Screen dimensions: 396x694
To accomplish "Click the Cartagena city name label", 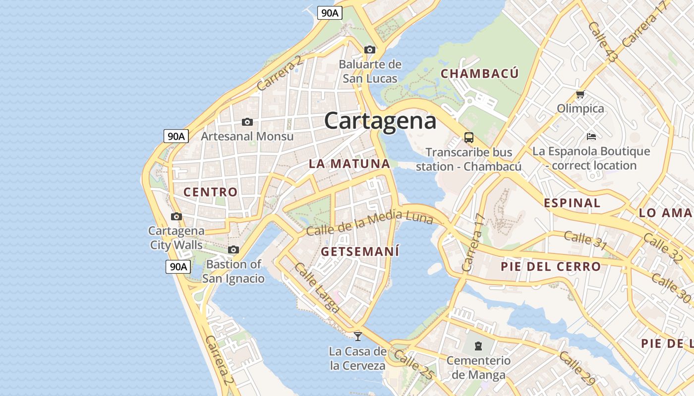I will point(380,121).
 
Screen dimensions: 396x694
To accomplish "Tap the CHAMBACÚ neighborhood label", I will point(480,74).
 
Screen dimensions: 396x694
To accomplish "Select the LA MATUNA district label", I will point(349,163).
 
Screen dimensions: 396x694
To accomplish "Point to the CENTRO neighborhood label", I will point(211,192).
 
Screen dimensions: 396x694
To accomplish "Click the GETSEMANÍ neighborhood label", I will point(360,251).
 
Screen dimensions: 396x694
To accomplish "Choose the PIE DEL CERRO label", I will point(551,266).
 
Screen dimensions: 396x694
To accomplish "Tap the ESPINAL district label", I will point(572,202).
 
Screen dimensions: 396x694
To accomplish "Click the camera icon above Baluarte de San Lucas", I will point(370,49).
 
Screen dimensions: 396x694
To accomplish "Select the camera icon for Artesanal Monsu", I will point(247,122).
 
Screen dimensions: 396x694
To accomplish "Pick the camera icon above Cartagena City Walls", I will point(176,216).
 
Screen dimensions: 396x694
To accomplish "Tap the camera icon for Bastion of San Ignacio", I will point(233,250).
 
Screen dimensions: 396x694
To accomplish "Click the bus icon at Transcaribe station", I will point(468,137).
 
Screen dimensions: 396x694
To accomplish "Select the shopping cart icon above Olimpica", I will point(580,94).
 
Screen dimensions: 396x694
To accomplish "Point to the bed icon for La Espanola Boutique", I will point(591,136).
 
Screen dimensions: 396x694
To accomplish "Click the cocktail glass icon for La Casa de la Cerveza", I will point(357,337).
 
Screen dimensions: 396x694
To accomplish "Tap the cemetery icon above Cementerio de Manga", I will point(478,346).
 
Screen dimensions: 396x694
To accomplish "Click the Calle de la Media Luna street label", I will point(370,223).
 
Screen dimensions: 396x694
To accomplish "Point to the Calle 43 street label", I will point(603,42).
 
